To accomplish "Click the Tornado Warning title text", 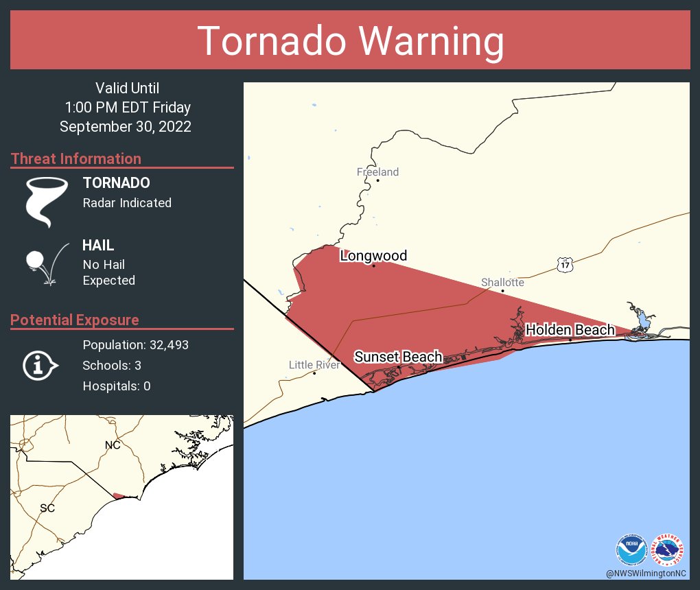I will tap(350, 41).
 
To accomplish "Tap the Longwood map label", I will tap(373, 256).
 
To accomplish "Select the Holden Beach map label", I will tap(570, 330).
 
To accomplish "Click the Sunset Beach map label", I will tap(398, 357).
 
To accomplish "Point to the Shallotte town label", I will tap(502, 282).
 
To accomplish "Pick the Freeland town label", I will tap(377, 172).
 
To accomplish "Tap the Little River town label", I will tap(314, 365).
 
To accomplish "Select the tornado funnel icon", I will tap(47, 201).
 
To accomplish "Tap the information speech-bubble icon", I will tap(40, 366).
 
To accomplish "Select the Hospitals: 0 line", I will tap(117, 386).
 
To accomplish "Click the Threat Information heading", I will tap(76, 158).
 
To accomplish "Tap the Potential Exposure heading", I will tap(75, 320).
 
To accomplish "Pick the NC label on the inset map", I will tap(113, 445).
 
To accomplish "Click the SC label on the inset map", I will tap(47, 508).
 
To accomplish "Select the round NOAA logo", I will tap(631, 549).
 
